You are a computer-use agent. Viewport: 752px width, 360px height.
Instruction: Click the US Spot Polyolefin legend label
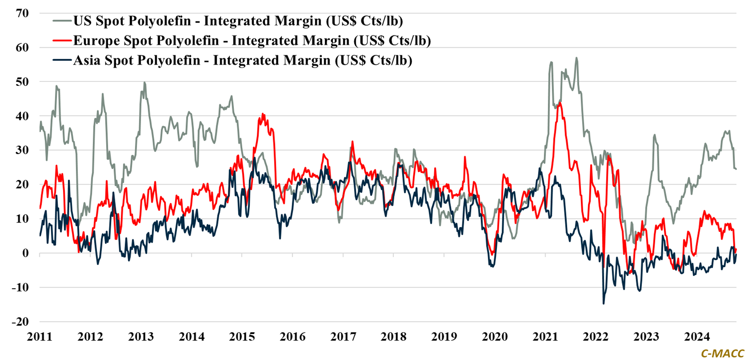point(238,21)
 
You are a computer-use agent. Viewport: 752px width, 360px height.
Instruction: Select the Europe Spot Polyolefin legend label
point(252,41)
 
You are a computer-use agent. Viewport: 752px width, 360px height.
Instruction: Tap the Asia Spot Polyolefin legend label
point(242,60)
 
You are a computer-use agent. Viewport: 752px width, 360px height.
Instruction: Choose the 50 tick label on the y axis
point(22,82)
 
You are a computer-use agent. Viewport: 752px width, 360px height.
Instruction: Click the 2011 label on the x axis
point(39,337)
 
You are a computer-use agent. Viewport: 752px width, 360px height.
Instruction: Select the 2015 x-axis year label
point(242,337)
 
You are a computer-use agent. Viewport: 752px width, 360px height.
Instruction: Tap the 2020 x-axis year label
point(495,337)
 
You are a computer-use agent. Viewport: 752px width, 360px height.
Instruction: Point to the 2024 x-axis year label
point(697,337)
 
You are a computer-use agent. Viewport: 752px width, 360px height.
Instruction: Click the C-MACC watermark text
point(722,353)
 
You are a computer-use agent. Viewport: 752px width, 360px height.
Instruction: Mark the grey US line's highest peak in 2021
point(576,57)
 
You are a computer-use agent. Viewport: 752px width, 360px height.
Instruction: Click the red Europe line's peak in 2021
point(560,103)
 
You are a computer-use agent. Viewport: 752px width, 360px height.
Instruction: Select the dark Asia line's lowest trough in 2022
point(603,303)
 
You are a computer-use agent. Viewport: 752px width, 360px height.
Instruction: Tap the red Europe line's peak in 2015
point(263,114)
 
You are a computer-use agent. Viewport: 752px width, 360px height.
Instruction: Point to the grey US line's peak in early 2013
point(145,82)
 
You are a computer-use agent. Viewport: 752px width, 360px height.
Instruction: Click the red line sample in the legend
point(62,41)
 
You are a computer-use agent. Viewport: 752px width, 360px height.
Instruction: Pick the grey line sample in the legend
point(62,21)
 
